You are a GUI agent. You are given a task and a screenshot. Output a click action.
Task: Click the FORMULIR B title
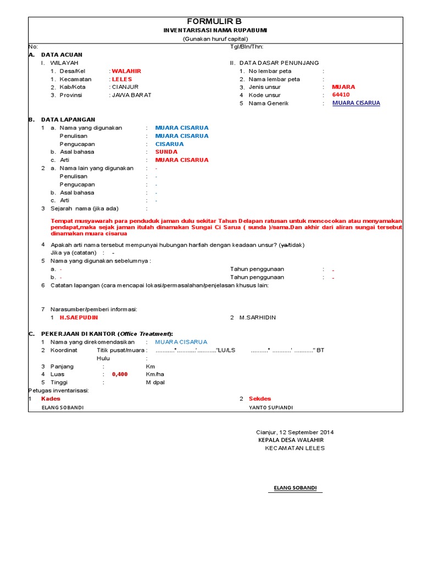tap(215, 21)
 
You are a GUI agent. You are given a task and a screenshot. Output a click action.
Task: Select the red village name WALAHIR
tap(126, 71)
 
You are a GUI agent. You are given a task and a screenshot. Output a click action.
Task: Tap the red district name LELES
tap(122, 79)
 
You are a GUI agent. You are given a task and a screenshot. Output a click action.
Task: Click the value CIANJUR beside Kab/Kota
tap(125, 87)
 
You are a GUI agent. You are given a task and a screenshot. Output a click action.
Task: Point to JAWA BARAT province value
tap(131, 95)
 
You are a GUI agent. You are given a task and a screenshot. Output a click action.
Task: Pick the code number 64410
tap(341, 95)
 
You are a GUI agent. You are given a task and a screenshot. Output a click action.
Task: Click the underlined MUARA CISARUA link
tap(356, 103)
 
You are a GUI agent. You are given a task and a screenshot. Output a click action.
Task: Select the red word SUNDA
tap(167, 152)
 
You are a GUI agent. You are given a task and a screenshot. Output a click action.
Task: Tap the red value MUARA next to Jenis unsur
tap(343, 87)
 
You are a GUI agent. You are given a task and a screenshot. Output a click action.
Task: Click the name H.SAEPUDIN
tap(79, 318)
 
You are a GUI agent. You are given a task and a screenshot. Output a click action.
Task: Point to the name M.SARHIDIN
tap(257, 318)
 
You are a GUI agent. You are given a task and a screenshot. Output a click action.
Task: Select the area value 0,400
tap(119, 374)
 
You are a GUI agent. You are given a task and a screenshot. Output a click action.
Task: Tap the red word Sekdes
tap(260, 398)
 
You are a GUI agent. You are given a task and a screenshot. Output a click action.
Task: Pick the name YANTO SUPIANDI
tap(271, 408)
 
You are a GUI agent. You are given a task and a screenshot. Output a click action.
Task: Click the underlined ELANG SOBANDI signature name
tap(295, 488)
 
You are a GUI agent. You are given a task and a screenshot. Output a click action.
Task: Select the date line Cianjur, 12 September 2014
tap(295, 432)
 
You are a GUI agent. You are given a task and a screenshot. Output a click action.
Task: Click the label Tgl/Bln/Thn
tap(247, 47)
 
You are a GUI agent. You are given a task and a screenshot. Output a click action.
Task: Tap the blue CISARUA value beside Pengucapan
tap(169, 144)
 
